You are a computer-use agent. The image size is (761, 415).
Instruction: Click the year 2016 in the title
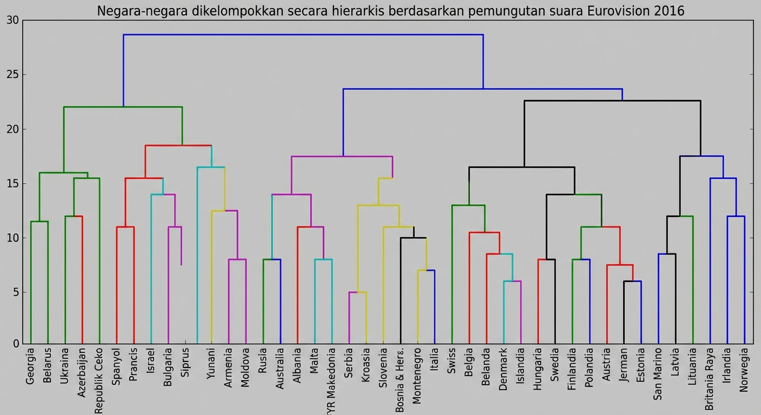click(x=669, y=10)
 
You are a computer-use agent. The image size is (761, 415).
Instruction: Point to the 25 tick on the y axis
click(x=12, y=75)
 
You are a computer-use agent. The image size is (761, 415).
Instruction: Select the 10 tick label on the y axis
click(x=12, y=238)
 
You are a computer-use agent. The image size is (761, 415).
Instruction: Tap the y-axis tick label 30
click(x=12, y=21)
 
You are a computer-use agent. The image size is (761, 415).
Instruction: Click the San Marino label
click(x=658, y=374)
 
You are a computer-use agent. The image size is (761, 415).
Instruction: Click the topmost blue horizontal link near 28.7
click(x=303, y=35)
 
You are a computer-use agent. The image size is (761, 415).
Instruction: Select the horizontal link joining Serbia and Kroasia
click(x=358, y=292)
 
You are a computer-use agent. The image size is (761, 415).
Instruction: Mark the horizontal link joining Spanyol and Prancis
click(x=125, y=227)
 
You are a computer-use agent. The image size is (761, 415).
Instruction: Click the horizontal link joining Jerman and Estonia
click(x=632, y=281)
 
